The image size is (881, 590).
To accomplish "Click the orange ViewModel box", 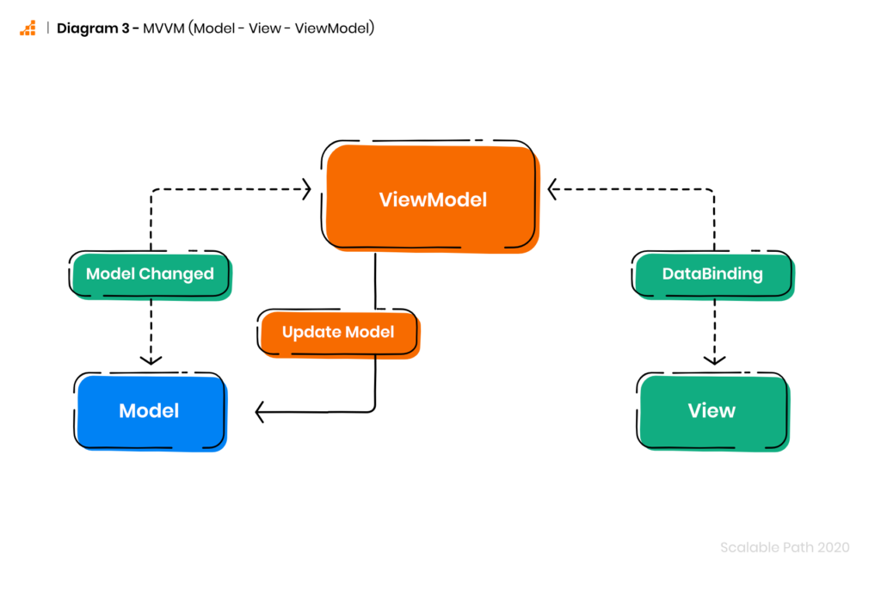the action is pyautogui.click(x=431, y=199).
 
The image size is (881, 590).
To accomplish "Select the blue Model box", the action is pyautogui.click(x=150, y=411).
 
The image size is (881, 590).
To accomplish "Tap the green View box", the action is pyautogui.click(x=712, y=411).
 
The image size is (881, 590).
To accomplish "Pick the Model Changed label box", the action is pyautogui.click(x=150, y=274).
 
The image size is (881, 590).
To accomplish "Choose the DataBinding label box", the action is pyautogui.click(x=712, y=274).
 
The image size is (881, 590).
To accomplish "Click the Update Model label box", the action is pyautogui.click(x=338, y=333).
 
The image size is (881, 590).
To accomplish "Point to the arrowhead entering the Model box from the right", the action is pyautogui.click(x=260, y=412).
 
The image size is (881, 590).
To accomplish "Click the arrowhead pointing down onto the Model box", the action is pyautogui.click(x=151, y=360).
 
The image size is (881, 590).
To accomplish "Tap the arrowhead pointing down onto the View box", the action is pyautogui.click(x=714, y=360).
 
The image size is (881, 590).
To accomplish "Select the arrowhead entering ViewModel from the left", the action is pyautogui.click(x=307, y=189).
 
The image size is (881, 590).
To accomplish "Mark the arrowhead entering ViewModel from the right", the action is pyautogui.click(x=552, y=189).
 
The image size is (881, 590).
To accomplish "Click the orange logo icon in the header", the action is pyautogui.click(x=28, y=28).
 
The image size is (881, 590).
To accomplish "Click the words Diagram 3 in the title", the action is pyautogui.click(x=93, y=28).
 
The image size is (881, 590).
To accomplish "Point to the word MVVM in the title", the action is pyautogui.click(x=163, y=28).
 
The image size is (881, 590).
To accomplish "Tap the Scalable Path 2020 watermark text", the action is pyautogui.click(x=785, y=547).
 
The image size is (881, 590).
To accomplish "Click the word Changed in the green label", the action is pyautogui.click(x=176, y=274).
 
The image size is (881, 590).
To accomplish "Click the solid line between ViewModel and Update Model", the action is pyautogui.click(x=375, y=280).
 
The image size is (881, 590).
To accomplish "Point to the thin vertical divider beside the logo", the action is pyautogui.click(x=48, y=28).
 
